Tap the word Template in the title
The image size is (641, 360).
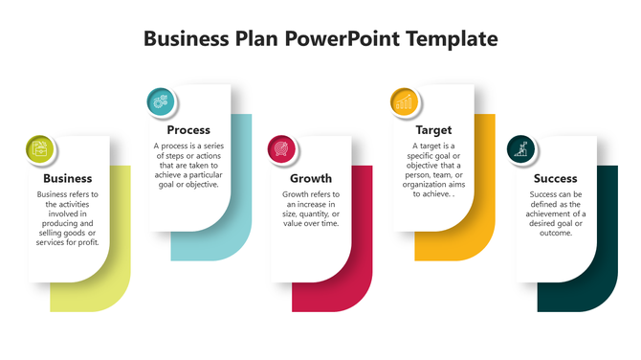[x=452, y=39]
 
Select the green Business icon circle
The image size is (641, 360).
[x=40, y=148]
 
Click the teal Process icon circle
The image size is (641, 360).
[x=161, y=101]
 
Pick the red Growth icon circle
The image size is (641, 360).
[x=281, y=147]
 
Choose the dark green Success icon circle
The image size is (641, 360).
[x=522, y=148]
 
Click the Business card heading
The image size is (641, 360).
[x=68, y=178]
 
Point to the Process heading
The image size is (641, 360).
[x=188, y=130]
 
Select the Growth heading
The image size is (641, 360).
[x=310, y=178]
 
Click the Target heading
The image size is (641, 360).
[x=433, y=130]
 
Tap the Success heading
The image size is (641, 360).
[x=555, y=178]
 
